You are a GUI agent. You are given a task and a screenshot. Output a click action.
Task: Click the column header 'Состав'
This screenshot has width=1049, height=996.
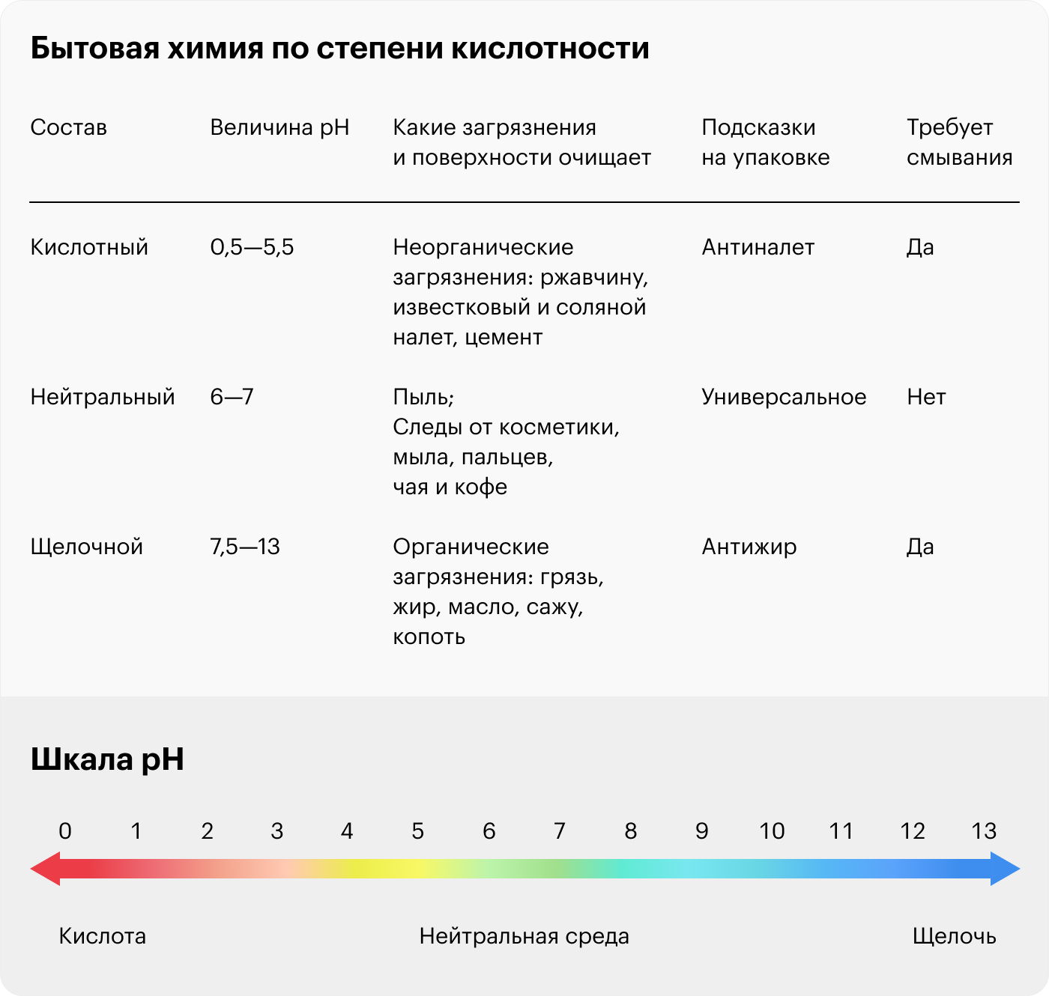tap(68, 127)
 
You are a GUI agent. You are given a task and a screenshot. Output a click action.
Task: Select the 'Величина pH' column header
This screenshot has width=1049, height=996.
tap(279, 127)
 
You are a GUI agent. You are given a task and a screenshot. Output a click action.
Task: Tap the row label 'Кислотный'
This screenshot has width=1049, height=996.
tap(89, 247)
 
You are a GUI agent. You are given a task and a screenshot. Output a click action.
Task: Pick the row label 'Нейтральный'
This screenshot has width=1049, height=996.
tap(103, 397)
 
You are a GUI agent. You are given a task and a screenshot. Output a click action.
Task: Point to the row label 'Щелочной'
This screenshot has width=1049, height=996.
tap(86, 547)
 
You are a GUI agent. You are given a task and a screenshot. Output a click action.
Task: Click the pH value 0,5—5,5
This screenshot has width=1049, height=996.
tap(252, 247)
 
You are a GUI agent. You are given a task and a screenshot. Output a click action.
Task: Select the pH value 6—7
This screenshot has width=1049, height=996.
tap(232, 397)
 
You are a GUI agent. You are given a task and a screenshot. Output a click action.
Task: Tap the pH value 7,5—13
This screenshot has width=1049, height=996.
tap(245, 547)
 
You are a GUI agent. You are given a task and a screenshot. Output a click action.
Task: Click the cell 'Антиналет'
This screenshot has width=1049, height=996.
tap(758, 247)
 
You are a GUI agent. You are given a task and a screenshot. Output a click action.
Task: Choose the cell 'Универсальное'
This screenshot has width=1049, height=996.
tap(784, 397)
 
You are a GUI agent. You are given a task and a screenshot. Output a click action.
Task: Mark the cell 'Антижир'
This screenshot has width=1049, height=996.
tap(749, 547)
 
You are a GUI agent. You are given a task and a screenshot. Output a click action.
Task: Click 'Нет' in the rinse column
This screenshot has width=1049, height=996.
tap(926, 397)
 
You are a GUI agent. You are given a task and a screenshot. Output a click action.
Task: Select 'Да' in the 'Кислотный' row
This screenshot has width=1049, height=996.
tap(920, 247)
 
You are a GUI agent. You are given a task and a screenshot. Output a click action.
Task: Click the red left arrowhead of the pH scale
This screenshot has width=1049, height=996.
tap(45, 869)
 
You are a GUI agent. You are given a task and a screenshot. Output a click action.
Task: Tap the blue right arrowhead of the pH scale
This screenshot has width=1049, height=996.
tap(1005, 869)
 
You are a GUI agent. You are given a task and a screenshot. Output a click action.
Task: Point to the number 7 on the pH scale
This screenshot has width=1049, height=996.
tap(559, 831)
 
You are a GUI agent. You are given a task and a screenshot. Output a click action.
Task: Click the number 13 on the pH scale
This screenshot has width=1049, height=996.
tap(984, 831)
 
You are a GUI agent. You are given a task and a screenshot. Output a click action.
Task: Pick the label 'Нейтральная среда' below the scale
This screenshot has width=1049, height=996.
tap(524, 936)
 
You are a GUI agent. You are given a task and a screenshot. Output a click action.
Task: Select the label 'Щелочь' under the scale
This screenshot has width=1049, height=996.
tap(954, 936)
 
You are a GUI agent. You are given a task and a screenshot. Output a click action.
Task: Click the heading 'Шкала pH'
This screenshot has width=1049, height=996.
tap(107, 759)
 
